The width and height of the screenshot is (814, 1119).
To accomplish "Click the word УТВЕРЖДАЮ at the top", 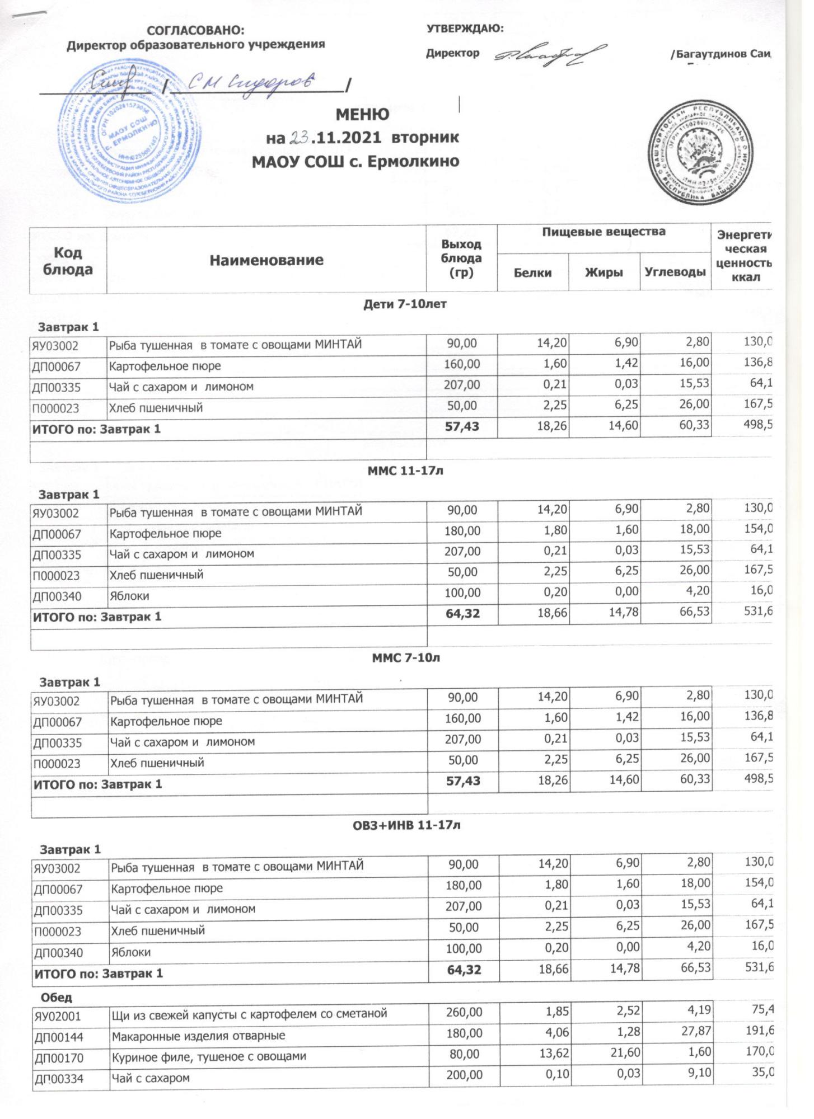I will (x=465, y=29).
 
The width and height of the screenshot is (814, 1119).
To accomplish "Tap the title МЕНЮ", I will (x=362, y=115).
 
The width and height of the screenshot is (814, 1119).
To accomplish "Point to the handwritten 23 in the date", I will (x=298, y=138).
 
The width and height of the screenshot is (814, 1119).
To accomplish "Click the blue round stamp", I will (x=132, y=133).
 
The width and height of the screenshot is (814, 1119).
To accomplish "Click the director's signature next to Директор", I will (x=549, y=55).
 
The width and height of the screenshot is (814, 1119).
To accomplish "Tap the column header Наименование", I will (x=266, y=260).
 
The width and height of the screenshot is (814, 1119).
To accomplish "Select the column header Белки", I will (x=533, y=273).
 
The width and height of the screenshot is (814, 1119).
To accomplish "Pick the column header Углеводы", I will (x=675, y=273).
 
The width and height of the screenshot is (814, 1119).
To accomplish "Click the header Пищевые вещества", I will (x=604, y=232).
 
